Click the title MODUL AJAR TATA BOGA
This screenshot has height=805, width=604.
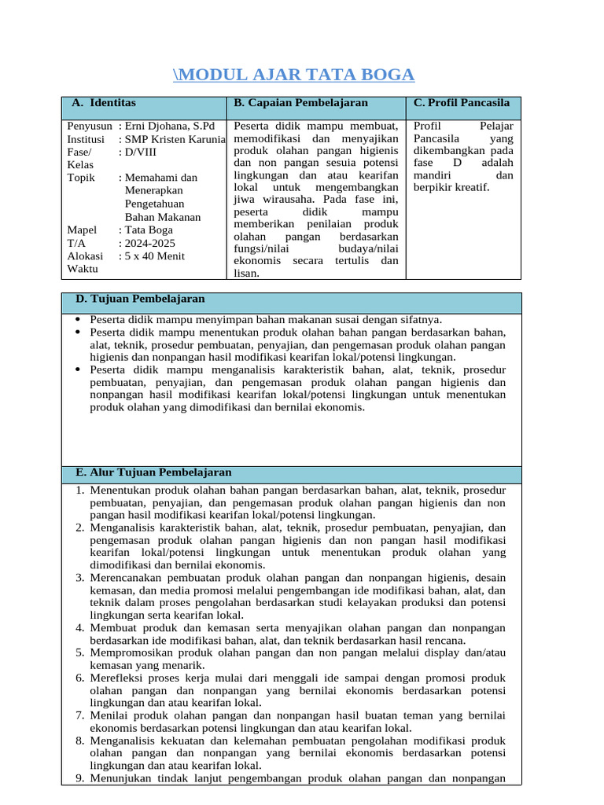293,75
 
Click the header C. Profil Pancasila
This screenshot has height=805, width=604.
462,103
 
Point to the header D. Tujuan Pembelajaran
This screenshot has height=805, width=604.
140,300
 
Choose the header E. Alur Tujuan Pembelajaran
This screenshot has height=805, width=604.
153,472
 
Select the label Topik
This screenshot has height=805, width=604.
81,178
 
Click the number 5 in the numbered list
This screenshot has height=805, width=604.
80,652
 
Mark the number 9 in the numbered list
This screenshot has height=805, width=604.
80,779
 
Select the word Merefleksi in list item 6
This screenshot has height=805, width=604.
117,678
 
